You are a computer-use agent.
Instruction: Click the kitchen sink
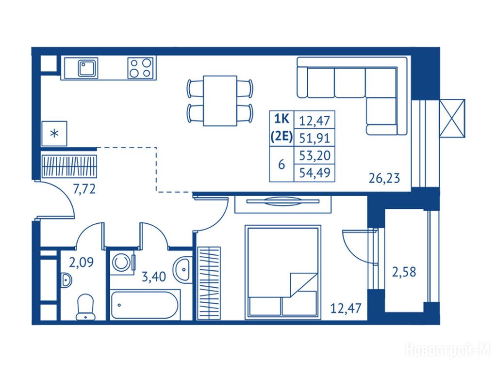pos(88,68)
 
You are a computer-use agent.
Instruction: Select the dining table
pos(220,101)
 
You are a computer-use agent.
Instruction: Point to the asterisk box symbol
pos(54,134)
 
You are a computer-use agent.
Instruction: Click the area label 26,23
pos(384,178)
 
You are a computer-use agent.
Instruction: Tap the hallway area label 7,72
pos(84,189)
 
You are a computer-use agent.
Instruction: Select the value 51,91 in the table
pos(315,138)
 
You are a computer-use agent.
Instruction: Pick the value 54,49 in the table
pos(315,173)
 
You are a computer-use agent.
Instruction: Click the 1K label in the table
pos(282,119)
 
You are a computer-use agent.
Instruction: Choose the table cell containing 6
pos(282,164)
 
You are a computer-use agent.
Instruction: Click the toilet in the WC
pos(85,307)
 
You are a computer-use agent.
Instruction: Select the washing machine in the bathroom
pos(122,263)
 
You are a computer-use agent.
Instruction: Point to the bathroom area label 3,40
pos(154,277)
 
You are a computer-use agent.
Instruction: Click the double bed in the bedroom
pos(283,272)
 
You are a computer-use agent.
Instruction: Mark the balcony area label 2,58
pos(404,272)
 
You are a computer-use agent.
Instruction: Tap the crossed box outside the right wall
pos(452,119)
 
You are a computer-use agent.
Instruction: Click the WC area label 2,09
pos(81,263)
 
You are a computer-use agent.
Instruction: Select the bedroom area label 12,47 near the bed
pos(346,308)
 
